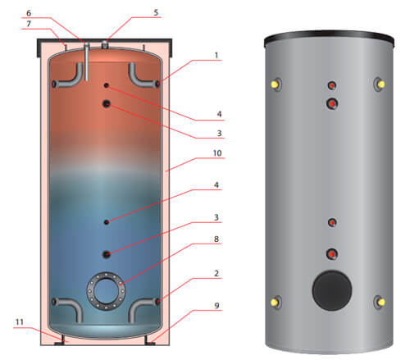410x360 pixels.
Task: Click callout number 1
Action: click(216, 56)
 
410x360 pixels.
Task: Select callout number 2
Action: click(216, 273)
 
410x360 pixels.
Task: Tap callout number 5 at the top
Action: click(156, 12)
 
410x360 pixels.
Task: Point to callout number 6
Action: click(29, 13)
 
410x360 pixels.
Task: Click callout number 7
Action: click(29, 24)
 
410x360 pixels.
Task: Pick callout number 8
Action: click(216, 239)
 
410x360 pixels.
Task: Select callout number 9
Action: click(216, 306)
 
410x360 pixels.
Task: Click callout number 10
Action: click(217, 153)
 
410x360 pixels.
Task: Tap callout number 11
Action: click(19, 322)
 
